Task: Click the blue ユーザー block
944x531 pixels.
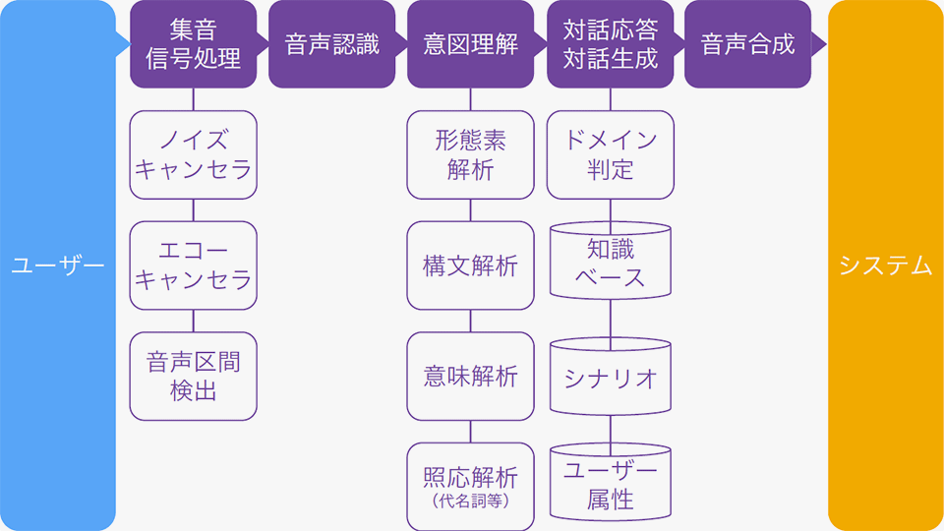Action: coord(57,265)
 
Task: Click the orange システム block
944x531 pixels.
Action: coord(885,265)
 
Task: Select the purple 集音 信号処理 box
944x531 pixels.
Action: coord(193,44)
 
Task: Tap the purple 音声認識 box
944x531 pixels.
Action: coord(331,44)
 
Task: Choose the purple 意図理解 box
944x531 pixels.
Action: coord(470,44)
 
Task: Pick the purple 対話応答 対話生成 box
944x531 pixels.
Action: coord(610,44)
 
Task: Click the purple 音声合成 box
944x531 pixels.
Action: coord(748,44)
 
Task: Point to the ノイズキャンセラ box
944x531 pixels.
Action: coord(193,154)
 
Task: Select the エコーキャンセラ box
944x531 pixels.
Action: coord(193,265)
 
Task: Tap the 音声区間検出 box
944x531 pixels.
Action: coord(193,377)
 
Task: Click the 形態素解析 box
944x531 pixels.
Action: coord(470,154)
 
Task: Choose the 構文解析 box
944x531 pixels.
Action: coord(470,265)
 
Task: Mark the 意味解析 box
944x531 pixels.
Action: coord(470,377)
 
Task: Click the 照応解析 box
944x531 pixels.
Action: coord(470,479)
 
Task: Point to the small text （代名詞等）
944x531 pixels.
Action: coord(470,502)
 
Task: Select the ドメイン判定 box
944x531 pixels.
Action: coord(610,154)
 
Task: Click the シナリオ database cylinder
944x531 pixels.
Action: coord(610,378)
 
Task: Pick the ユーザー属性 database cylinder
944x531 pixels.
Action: coord(610,485)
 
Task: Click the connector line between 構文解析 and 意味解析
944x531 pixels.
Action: coord(470,321)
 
